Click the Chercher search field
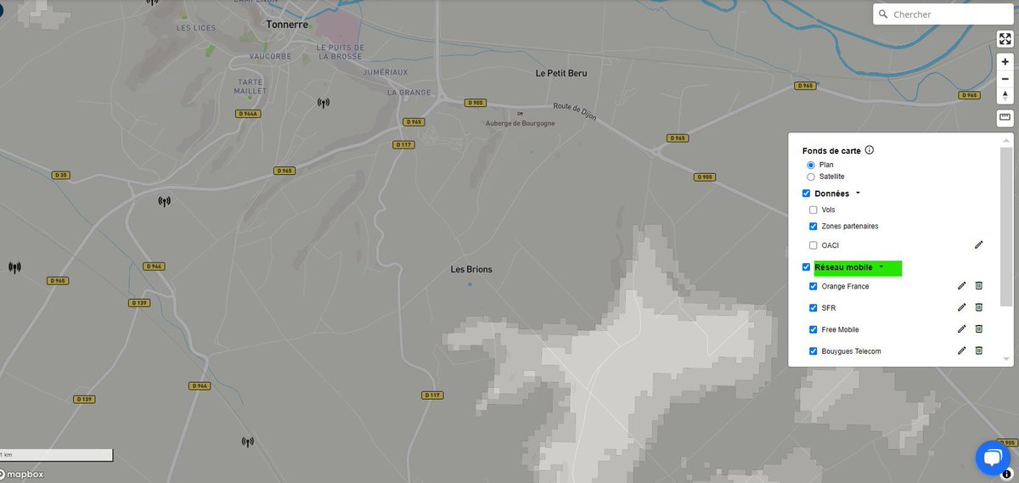point(943,14)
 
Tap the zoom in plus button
point(1005,61)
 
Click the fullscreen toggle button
point(1005,39)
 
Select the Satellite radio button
point(811,177)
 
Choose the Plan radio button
point(811,165)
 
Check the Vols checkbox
point(814,210)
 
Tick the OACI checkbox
point(814,245)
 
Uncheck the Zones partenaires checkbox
point(814,227)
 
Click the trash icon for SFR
point(978,307)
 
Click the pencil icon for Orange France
point(962,286)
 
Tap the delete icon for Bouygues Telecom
point(978,351)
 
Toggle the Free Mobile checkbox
point(814,329)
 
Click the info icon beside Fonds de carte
point(870,150)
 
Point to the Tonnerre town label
point(286,25)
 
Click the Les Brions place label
point(471,270)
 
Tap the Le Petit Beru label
point(560,73)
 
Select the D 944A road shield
point(248,113)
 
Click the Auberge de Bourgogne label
point(520,123)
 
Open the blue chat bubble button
point(991,458)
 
